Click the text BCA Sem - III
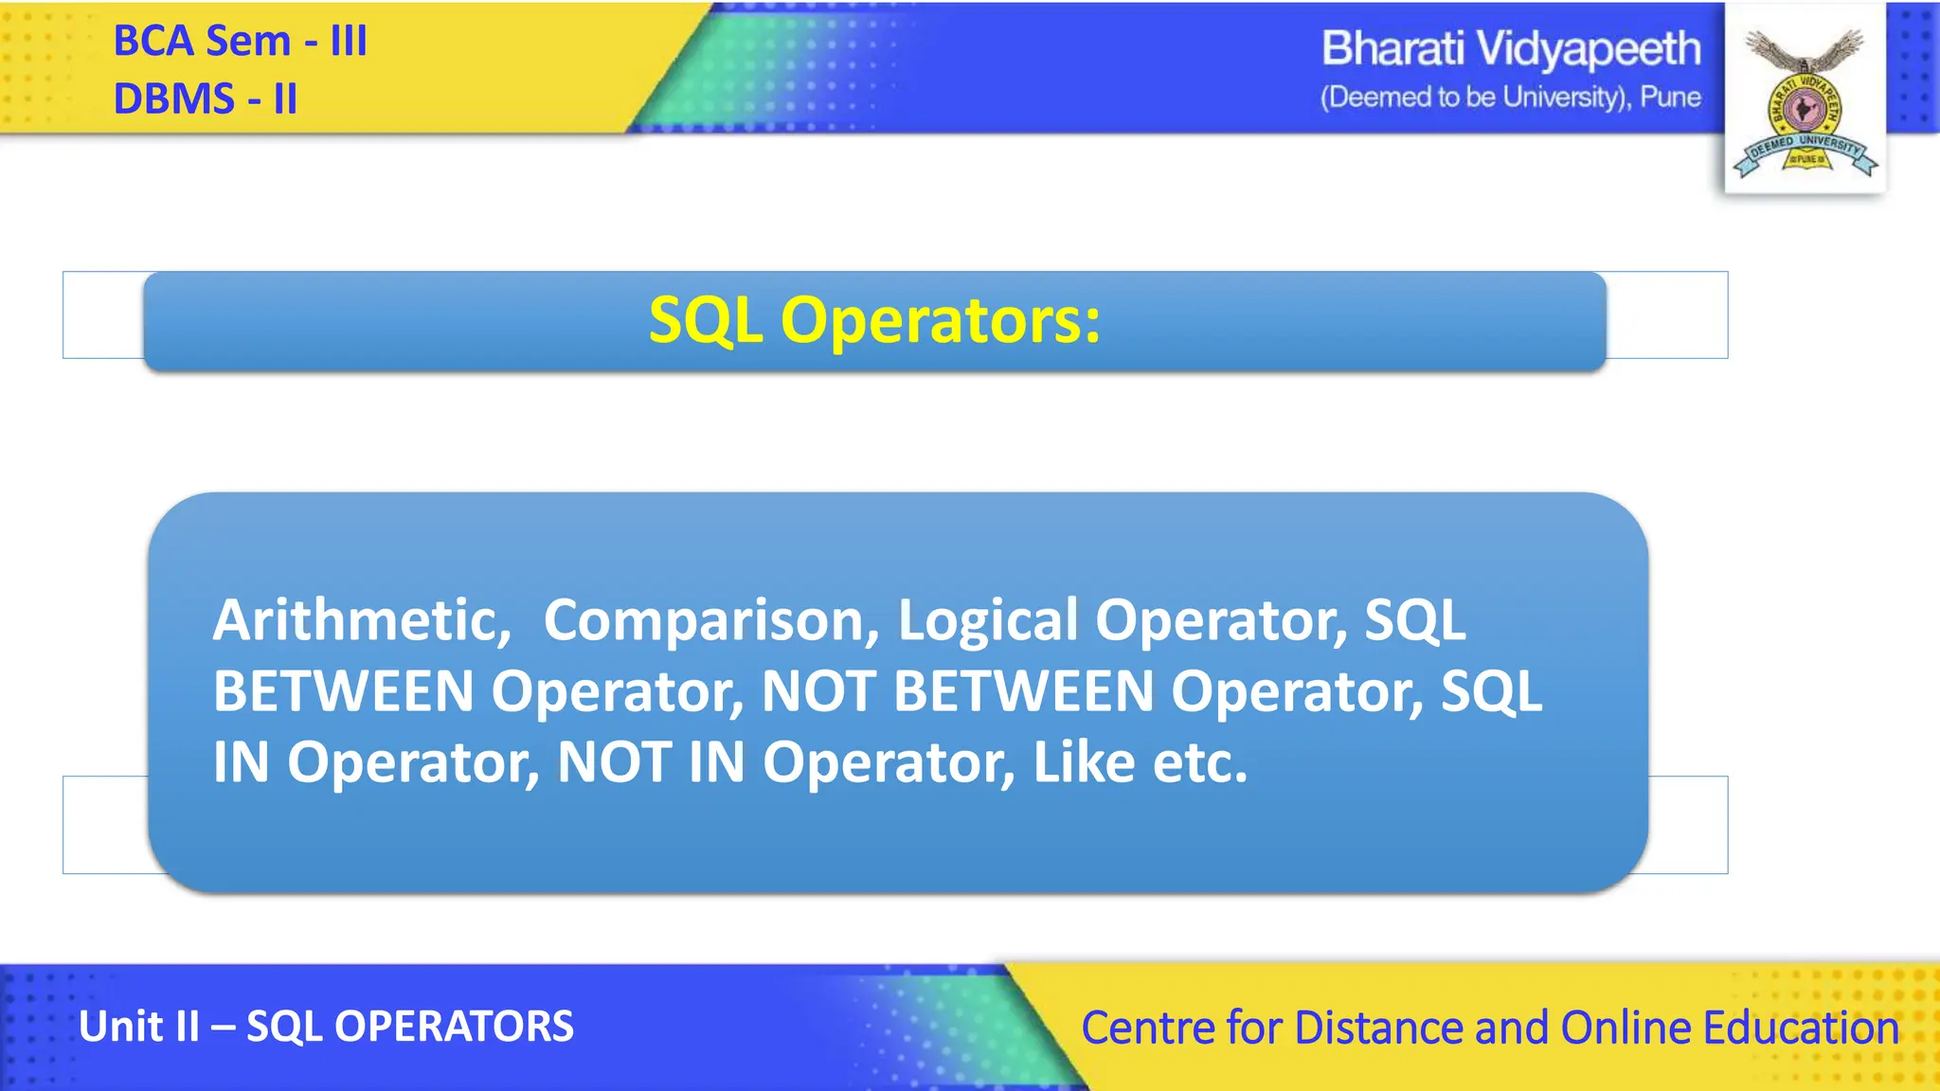(240, 42)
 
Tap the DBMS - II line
(205, 99)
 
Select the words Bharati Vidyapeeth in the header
(1510, 49)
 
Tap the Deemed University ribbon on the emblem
(1805, 152)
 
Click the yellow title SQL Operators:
(874, 320)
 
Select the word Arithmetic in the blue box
(361, 620)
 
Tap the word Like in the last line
(1084, 762)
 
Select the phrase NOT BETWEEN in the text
(957, 691)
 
